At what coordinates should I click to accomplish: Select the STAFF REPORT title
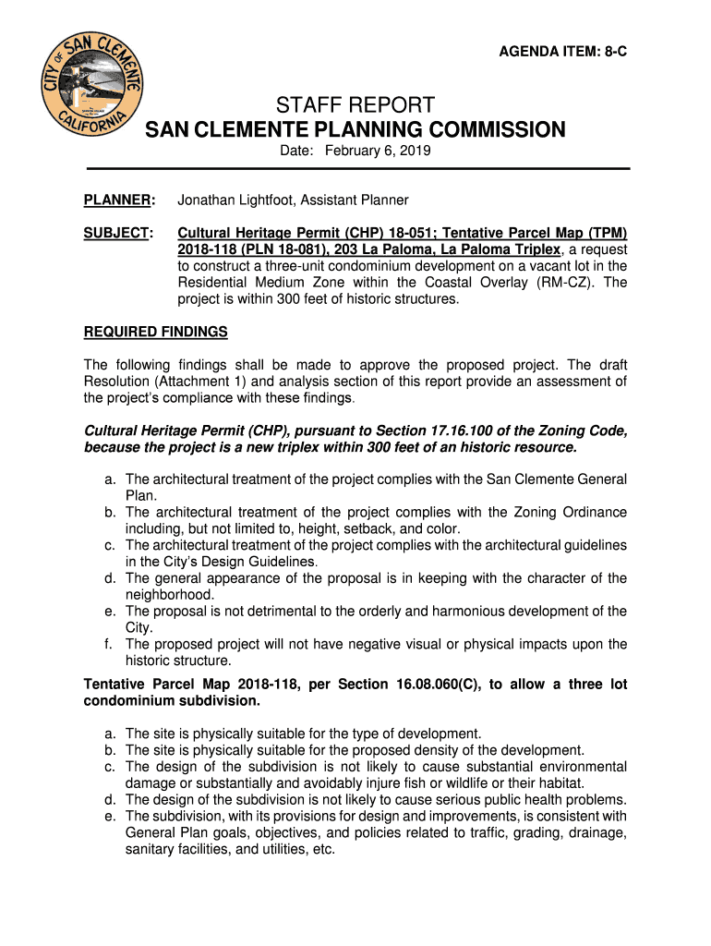point(355,104)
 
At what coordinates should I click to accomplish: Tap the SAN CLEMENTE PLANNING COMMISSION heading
point(355,129)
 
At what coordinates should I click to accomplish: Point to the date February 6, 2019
point(379,151)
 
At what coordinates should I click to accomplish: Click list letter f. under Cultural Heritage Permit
point(109,644)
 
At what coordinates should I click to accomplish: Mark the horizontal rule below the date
point(358,168)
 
